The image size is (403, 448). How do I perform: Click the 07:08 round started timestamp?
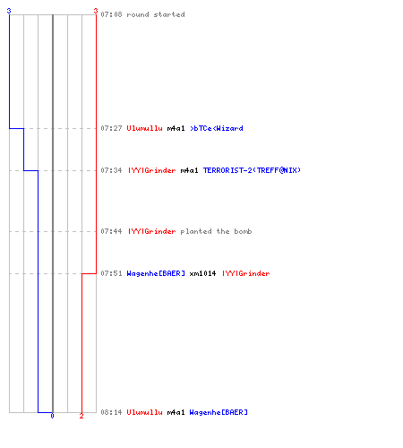pyautogui.click(x=111, y=14)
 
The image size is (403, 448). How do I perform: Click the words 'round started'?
pyautogui.click(x=156, y=14)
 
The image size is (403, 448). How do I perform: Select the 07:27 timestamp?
pyautogui.click(x=111, y=128)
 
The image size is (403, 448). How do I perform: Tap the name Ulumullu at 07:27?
pyautogui.click(x=144, y=128)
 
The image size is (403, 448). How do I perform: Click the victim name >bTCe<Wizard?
pyautogui.click(x=217, y=128)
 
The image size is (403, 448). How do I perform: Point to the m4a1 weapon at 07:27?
pyautogui.click(x=176, y=128)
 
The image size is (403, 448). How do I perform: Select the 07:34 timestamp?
pyautogui.click(x=111, y=170)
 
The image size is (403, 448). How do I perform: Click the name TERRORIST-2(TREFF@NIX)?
pyautogui.click(x=252, y=170)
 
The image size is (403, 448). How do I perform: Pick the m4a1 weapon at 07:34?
pyautogui.click(x=189, y=170)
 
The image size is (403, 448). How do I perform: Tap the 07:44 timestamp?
pyautogui.click(x=111, y=231)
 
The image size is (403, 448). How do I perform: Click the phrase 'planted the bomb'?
pyautogui.click(x=216, y=231)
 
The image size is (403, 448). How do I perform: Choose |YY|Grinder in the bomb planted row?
pyautogui.click(x=152, y=231)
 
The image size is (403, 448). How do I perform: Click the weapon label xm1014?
pyautogui.click(x=202, y=273)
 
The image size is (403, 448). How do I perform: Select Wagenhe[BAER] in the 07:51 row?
pyautogui.click(x=156, y=273)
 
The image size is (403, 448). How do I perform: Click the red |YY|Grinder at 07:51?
pyautogui.click(x=245, y=273)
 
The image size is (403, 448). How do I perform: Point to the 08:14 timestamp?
pyautogui.click(x=111, y=412)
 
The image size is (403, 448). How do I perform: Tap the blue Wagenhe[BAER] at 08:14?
pyautogui.click(x=219, y=412)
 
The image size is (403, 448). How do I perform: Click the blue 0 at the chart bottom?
pyautogui.click(x=52, y=416)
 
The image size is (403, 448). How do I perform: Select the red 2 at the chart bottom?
pyautogui.click(x=81, y=416)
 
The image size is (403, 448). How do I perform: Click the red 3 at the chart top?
pyautogui.click(x=96, y=11)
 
